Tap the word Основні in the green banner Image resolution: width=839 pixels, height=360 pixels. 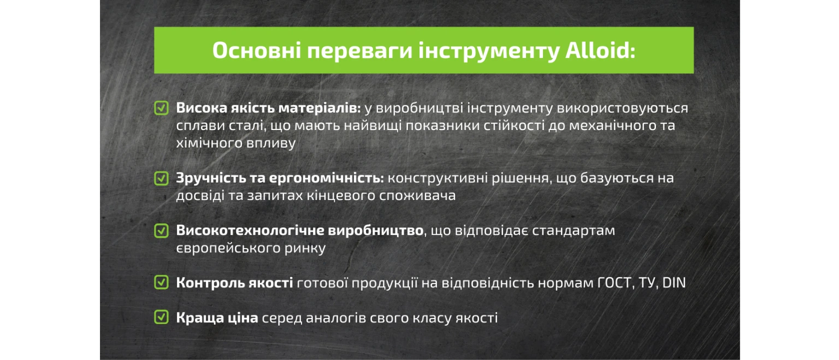coord(257,50)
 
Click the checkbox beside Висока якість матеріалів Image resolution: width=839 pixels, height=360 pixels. coord(162,108)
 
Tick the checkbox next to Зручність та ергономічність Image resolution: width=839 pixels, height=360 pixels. coord(162,178)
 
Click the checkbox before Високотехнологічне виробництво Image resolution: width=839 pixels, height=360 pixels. coord(162,231)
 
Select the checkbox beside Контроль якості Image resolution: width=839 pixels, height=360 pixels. coord(162,282)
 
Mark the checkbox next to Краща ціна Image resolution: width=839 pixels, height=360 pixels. coord(162,317)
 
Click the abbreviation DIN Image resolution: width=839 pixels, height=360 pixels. coord(674,283)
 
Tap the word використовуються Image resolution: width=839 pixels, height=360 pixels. coord(623,108)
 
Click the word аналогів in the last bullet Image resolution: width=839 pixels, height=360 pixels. coord(336,318)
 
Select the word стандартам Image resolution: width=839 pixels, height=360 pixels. coord(574,231)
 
